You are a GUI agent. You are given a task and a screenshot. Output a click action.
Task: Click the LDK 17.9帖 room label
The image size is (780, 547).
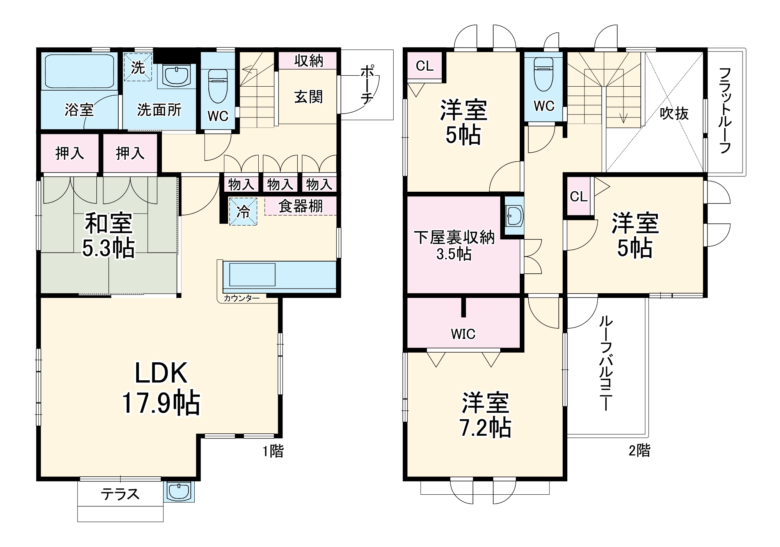[161, 388]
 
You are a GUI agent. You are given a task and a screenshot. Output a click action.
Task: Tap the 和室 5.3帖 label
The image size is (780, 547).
[108, 235]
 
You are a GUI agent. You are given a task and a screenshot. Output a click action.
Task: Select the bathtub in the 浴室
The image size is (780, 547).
[79, 72]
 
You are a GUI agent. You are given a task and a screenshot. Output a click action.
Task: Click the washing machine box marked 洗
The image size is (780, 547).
[137, 67]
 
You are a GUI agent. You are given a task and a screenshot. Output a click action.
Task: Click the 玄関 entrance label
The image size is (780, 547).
[308, 96]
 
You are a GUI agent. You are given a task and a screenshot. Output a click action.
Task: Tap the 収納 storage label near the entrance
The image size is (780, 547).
[308, 61]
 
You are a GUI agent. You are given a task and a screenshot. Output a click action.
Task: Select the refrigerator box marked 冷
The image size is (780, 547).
[243, 212]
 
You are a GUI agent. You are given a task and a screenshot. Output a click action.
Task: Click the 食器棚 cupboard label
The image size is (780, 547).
[300, 206]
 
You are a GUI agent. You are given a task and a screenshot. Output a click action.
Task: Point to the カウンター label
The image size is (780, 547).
[242, 298]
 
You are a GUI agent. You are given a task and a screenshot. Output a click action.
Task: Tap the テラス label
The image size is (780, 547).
[120, 494]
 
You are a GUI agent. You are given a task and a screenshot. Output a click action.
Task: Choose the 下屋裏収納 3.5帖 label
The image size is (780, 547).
[454, 245]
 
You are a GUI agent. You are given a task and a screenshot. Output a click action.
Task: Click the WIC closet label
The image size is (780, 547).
[463, 334]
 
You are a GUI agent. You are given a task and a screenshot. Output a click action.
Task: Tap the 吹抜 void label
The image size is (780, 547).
[674, 114]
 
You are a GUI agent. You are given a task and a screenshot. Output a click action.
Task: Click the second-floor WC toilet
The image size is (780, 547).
[543, 78]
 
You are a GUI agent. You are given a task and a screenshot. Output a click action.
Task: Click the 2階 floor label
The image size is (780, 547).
[640, 451]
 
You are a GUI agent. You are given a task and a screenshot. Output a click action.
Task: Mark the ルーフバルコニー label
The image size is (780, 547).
[606, 363]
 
